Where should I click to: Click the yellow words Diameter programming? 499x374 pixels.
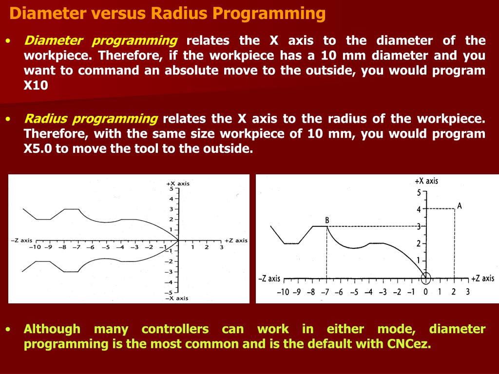pyautogui.click(x=100, y=41)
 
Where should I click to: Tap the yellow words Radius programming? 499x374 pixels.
pyautogui.click(x=91, y=119)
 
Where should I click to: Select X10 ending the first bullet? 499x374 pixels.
pyautogui.click(x=36, y=85)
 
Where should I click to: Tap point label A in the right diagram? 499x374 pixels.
pyautogui.click(x=459, y=206)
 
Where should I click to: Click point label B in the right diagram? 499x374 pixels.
pyautogui.click(x=327, y=220)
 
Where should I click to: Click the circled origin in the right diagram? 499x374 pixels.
pyautogui.click(x=426, y=278)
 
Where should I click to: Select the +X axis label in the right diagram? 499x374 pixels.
pyautogui.click(x=426, y=181)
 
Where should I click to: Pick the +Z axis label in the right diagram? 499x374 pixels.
pyautogui.click(x=482, y=279)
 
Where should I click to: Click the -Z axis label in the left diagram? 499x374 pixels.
pyautogui.click(x=21, y=241)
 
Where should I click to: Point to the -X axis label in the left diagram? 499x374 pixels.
pyautogui.click(x=177, y=299)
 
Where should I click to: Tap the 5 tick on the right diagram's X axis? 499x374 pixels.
pyautogui.click(x=419, y=192)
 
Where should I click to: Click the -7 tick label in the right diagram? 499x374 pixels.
pyautogui.click(x=325, y=292)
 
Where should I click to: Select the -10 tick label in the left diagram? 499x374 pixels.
pyautogui.click(x=35, y=247)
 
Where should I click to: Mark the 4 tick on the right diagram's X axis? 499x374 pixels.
pyautogui.click(x=419, y=209)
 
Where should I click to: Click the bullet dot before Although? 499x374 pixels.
pyautogui.click(x=8, y=330)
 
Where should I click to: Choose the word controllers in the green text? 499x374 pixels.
pyautogui.click(x=175, y=329)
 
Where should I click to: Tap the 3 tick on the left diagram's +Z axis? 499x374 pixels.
pyautogui.click(x=222, y=247)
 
